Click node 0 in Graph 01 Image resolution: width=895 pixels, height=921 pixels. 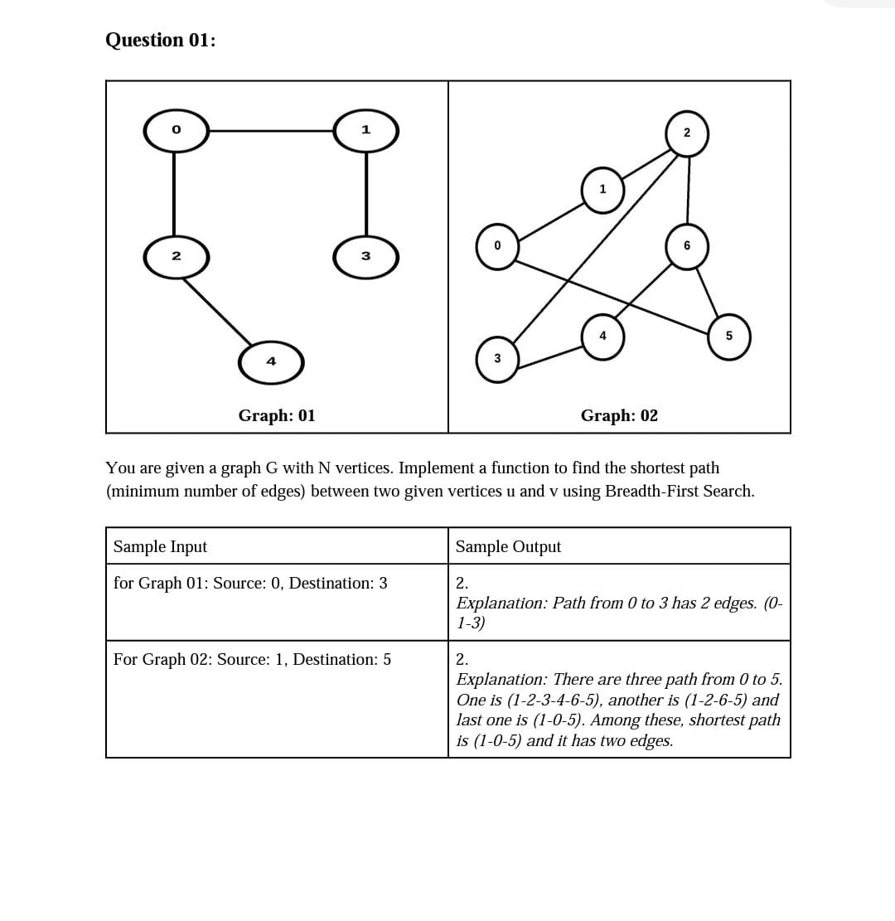coord(176,131)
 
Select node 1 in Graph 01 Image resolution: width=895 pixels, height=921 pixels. coord(365,131)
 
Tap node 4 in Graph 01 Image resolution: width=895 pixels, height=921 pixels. coord(271,362)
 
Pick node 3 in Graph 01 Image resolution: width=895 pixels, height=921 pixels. coord(365,256)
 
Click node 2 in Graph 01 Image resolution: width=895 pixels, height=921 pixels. coord(176,256)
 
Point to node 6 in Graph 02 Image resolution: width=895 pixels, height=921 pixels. coord(687,246)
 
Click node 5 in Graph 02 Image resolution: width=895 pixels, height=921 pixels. coord(729,337)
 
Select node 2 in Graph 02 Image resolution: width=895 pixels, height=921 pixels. coord(687,134)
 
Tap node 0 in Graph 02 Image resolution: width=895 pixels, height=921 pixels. coord(497,246)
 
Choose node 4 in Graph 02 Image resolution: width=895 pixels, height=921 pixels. coord(602,337)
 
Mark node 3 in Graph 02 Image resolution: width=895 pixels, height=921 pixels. coord(497,359)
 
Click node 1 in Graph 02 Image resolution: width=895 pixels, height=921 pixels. coord(602,190)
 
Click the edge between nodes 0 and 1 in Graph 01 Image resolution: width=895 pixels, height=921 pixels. coord(270,131)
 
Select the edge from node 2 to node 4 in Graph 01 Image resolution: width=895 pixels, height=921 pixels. coord(217,311)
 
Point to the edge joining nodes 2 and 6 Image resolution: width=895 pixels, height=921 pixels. coord(688,191)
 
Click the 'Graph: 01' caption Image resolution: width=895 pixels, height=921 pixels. coord(277,415)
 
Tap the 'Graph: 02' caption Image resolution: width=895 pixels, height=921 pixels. coord(619,415)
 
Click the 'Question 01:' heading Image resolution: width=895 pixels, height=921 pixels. coord(161,40)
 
